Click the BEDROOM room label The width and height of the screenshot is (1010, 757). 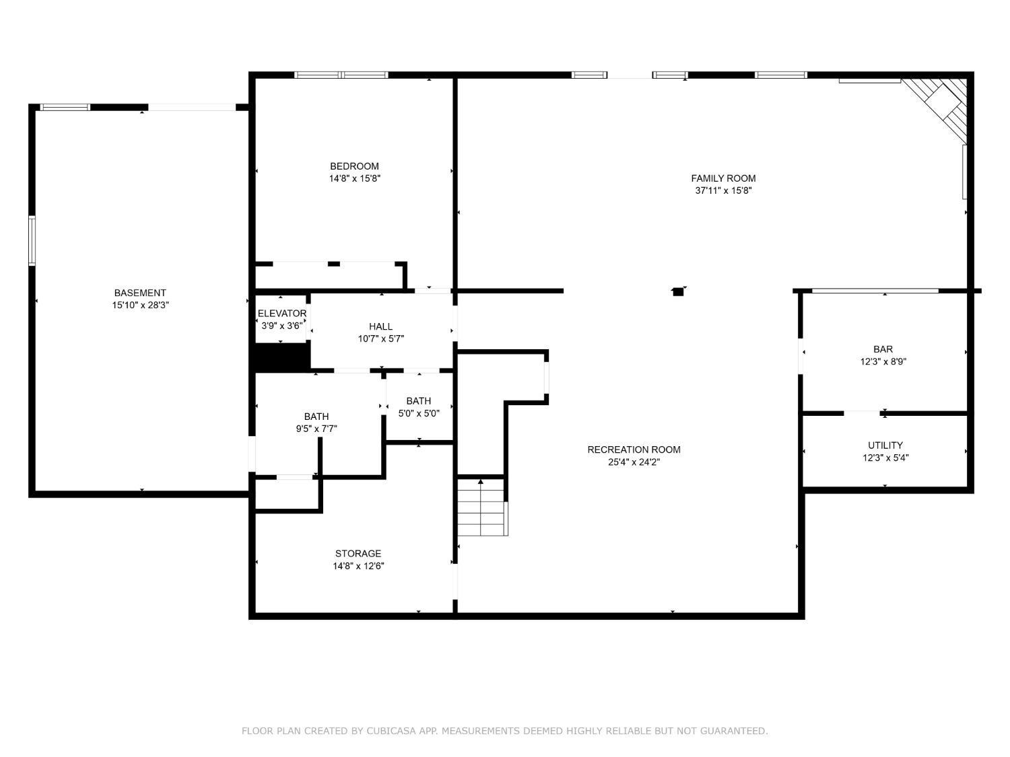(354, 166)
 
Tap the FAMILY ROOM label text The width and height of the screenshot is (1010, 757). (723, 178)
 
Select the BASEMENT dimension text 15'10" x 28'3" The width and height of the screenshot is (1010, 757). (140, 305)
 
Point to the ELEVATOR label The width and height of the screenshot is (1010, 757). (282, 314)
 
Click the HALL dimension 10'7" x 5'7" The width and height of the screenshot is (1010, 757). (381, 339)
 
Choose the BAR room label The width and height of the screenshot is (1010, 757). (883, 349)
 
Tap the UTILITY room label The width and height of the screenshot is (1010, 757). (885, 445)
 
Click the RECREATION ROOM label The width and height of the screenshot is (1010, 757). (634, 450)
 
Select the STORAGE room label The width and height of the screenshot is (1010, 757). (358, 554)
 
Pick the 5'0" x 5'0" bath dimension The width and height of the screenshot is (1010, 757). (419, 414)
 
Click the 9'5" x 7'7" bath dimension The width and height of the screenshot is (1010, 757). (316, 429)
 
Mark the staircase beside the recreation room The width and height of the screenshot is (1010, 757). (483, 507)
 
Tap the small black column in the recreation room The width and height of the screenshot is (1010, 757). (678, 291)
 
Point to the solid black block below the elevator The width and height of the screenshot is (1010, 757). (281, 357)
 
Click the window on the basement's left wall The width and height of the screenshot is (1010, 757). (32, 241)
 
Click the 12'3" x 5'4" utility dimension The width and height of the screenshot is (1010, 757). (885, 458)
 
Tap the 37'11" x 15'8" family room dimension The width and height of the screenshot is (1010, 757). (723, 190)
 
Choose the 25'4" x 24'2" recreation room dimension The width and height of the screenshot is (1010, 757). (634, 462)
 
